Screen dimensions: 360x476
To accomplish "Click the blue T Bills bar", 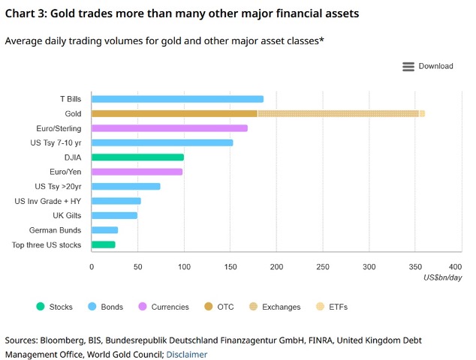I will tap(177, 99).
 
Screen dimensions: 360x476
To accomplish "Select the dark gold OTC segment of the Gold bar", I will tap(174, 113).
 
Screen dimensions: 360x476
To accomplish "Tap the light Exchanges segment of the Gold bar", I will tap(338, 113).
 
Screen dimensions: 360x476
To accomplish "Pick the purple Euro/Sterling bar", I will tap(169, 128).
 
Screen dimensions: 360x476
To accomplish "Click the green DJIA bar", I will tap(137, 157).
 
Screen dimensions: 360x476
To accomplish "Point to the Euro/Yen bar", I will tap(137, 172).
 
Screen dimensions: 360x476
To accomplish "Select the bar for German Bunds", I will tap(104, 230).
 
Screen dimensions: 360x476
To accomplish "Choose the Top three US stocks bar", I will tap(103, 244).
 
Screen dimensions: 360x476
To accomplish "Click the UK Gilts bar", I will tap(114, 215).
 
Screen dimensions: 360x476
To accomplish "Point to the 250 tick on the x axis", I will tap(322, 267).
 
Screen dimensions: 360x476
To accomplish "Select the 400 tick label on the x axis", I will tap(455, 267).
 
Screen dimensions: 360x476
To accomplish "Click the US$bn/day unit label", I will tap(442, 277).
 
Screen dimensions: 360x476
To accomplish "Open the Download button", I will tap(428, 66).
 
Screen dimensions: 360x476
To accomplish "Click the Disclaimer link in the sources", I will tap(186, 354).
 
